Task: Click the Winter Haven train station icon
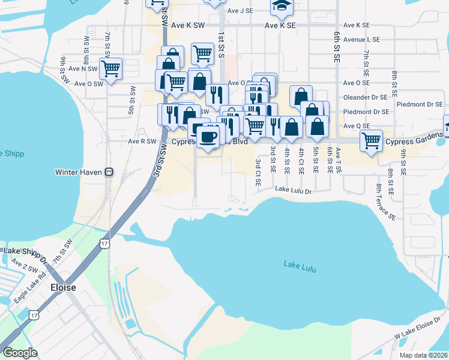click(109, 172)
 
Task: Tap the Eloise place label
click(63, 287)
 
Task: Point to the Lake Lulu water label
click(300, 264)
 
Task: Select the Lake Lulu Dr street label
click(294, 190)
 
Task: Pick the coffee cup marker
click(209, 137)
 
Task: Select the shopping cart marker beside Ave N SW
click(111, 70)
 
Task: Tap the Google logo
click(20, 353)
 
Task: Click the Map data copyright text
click(424, 355)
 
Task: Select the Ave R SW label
click(142, 142)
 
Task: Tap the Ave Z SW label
click(23, 266)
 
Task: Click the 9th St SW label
click(63, 68)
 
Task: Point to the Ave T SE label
click(338, 161)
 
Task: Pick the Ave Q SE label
click(357, 126)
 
